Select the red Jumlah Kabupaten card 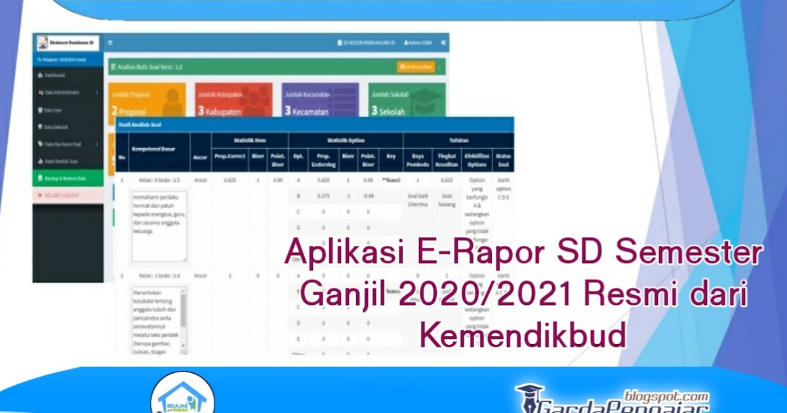(233, 102)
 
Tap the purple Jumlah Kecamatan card (320, 102)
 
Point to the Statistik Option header (346, 140)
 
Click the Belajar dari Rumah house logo (182, 395)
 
